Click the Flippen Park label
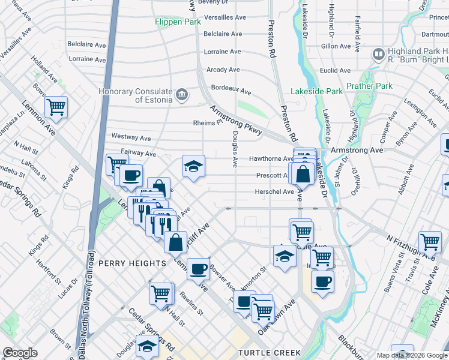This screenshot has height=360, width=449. point(177,22)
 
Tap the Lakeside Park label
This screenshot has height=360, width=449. point(316,92)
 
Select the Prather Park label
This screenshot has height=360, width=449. point(369,86)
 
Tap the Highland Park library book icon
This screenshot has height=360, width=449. point(378,55)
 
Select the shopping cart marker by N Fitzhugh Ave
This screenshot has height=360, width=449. point(430,241)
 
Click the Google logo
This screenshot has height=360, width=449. point(20,353)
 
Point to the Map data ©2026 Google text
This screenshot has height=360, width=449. point(411,355)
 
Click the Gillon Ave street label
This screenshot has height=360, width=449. point(336,46)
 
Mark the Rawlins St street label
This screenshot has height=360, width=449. point(190,302)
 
